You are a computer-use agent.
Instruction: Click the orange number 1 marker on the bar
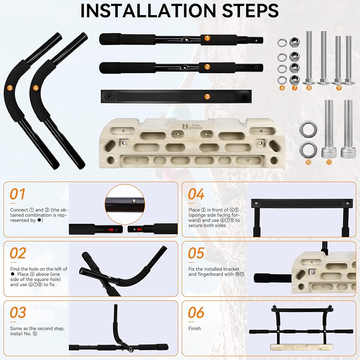(x=207, y=38)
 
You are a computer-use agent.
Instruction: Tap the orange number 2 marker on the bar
(x=207, y=67)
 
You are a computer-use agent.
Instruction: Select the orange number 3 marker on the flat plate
(x=207, y=96)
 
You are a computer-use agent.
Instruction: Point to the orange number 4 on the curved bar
(x=36, y=88)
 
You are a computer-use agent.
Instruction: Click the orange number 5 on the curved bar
(x=10, y=88)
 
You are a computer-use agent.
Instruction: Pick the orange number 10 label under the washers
(x=309, y=162)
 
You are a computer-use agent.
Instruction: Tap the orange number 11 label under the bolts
(x=329, y=162)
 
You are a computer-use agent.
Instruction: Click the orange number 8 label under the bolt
(x=309, y=87)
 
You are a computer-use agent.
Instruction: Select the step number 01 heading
(x=17, y=194)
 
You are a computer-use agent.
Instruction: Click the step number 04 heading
(x=196, y=194)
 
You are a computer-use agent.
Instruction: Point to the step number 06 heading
(x=196, y=313)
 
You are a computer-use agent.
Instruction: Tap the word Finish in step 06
(x=194, y=329)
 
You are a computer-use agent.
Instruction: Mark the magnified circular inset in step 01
(x=125, y=204)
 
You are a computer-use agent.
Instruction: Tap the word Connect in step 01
(x=19, y=210)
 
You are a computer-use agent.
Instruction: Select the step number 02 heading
(x=18, y=253)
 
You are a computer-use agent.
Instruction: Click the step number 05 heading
(x=196, y=253)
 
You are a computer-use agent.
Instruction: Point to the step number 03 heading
(x=18, y=313)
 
